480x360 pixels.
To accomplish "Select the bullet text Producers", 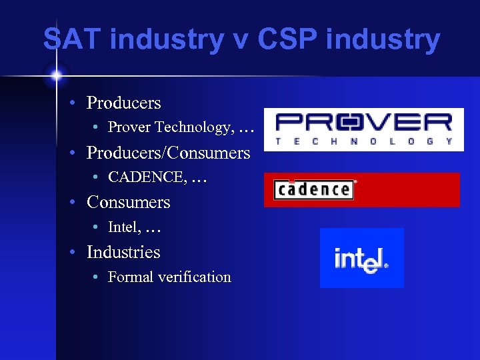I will (123, 103).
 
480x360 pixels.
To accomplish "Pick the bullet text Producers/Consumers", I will (168, 153).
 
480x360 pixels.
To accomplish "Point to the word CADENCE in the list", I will (146, 177).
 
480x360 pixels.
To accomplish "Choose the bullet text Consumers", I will (128, 202).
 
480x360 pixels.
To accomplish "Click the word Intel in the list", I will (123, 227).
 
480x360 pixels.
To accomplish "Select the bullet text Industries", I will (123, 252).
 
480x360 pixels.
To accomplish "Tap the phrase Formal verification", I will (169, 277).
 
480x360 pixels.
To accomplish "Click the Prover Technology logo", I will (363, 129).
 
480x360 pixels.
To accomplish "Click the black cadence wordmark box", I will (313, 189).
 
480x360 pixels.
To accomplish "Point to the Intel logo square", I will (361, 257).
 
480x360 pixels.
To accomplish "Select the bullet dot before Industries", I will (77, 253).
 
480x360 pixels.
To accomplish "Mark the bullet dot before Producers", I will (77, 103).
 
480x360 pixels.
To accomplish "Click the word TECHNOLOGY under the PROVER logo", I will (363, 141).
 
